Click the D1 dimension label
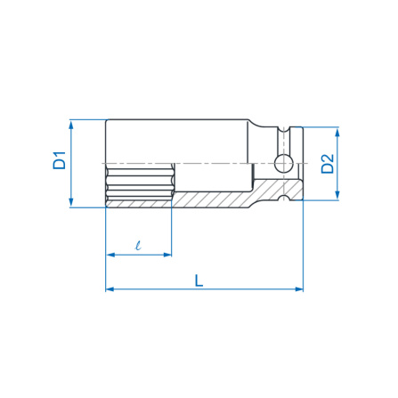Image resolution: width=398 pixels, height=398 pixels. coord(60,160)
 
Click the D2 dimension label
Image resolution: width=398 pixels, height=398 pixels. coord(328,164)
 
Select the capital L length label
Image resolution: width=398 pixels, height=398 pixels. coord(199,280)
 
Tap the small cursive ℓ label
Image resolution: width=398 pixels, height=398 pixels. coord(138,246)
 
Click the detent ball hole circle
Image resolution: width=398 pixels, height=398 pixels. coord(283,164)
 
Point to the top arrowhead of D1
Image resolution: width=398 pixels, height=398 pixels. coord(71,125)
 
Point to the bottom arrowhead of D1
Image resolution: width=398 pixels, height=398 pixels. coord(71,203)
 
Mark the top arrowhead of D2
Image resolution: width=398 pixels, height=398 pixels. coord(337,132)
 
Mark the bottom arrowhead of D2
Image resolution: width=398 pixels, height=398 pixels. coord(337,195)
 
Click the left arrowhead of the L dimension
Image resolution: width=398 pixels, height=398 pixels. coord(110,289)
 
